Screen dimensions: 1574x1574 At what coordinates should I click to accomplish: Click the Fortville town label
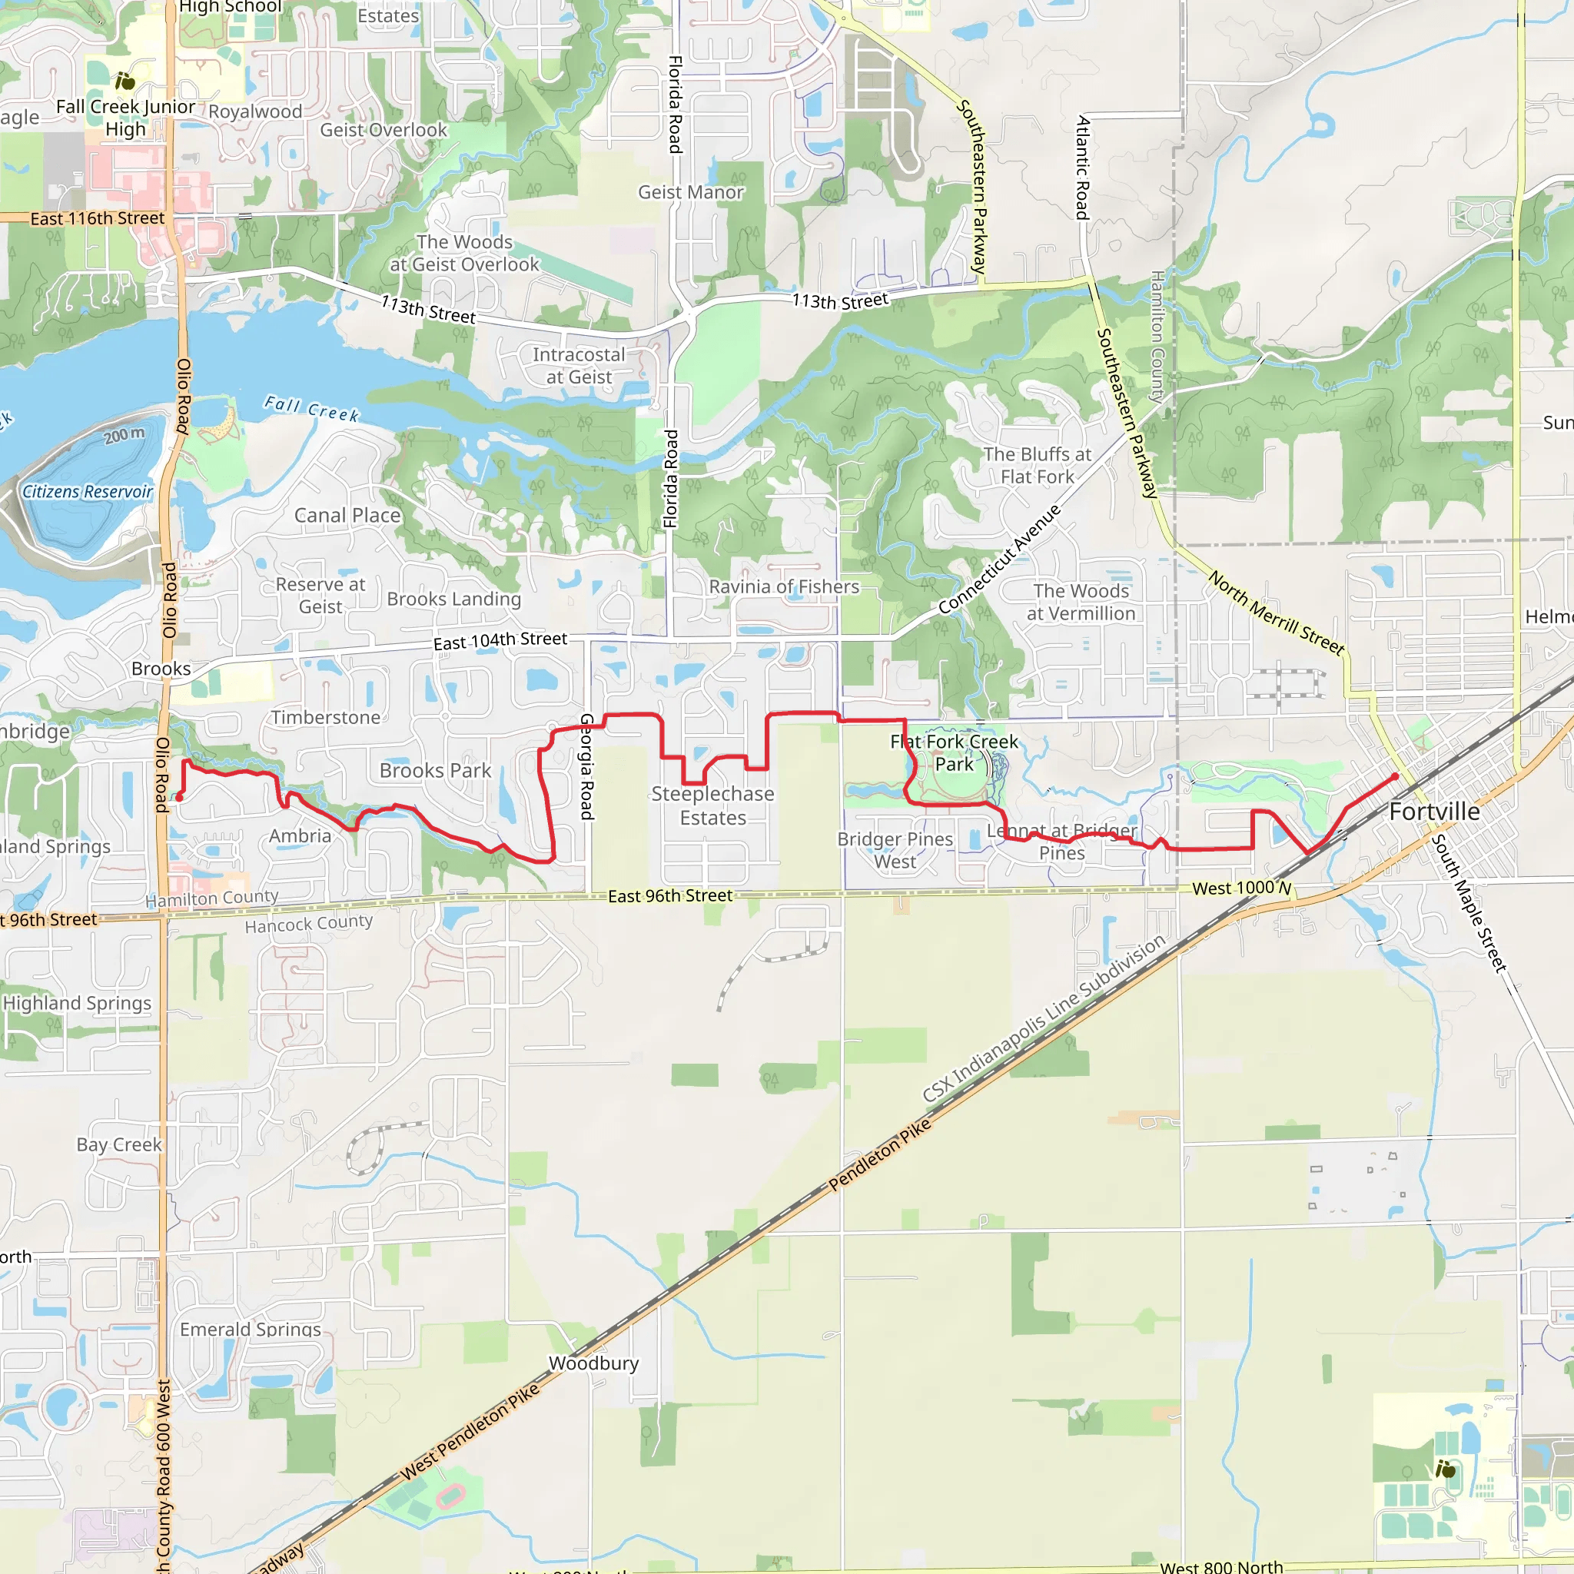1434,812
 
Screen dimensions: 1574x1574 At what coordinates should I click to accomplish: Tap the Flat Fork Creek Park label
954,752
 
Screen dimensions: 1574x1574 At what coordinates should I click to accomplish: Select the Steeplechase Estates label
713,805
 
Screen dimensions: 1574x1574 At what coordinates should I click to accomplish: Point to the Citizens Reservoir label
87,491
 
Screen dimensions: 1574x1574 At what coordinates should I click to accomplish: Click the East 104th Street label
500,640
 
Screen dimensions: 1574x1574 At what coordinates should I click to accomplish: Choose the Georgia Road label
586,765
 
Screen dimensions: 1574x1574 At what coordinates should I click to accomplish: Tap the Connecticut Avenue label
1000,559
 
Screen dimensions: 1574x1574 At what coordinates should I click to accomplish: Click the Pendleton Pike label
879,1154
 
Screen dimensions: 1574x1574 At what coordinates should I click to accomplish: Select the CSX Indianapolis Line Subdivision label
1044,1019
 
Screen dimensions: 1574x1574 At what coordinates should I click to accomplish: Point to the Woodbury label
593,1363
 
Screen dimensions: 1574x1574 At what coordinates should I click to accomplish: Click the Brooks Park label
435,771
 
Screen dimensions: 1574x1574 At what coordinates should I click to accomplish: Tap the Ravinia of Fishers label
784,586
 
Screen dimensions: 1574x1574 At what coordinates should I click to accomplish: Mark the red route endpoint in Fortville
1395,776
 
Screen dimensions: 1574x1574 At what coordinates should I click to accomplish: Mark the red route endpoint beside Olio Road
179,798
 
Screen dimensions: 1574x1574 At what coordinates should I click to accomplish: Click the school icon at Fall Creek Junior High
125,81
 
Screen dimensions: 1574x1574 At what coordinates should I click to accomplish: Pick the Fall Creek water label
311,408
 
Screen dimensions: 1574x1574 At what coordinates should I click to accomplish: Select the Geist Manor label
691,192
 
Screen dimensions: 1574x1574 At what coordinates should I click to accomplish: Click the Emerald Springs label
251,1330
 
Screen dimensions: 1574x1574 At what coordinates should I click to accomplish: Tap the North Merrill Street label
1275,613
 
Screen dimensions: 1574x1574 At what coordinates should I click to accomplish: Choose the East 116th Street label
97,218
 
